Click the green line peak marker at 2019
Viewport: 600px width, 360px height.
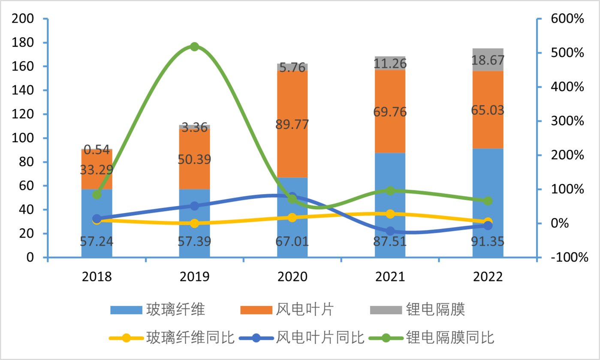194,47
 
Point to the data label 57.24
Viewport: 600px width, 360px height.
96,242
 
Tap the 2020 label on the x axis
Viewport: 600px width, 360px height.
292,276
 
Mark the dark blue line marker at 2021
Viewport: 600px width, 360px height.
390,231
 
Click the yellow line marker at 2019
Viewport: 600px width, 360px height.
194,223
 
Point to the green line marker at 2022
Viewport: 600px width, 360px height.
488,201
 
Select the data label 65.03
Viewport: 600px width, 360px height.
488,110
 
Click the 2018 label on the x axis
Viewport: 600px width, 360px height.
96,276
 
